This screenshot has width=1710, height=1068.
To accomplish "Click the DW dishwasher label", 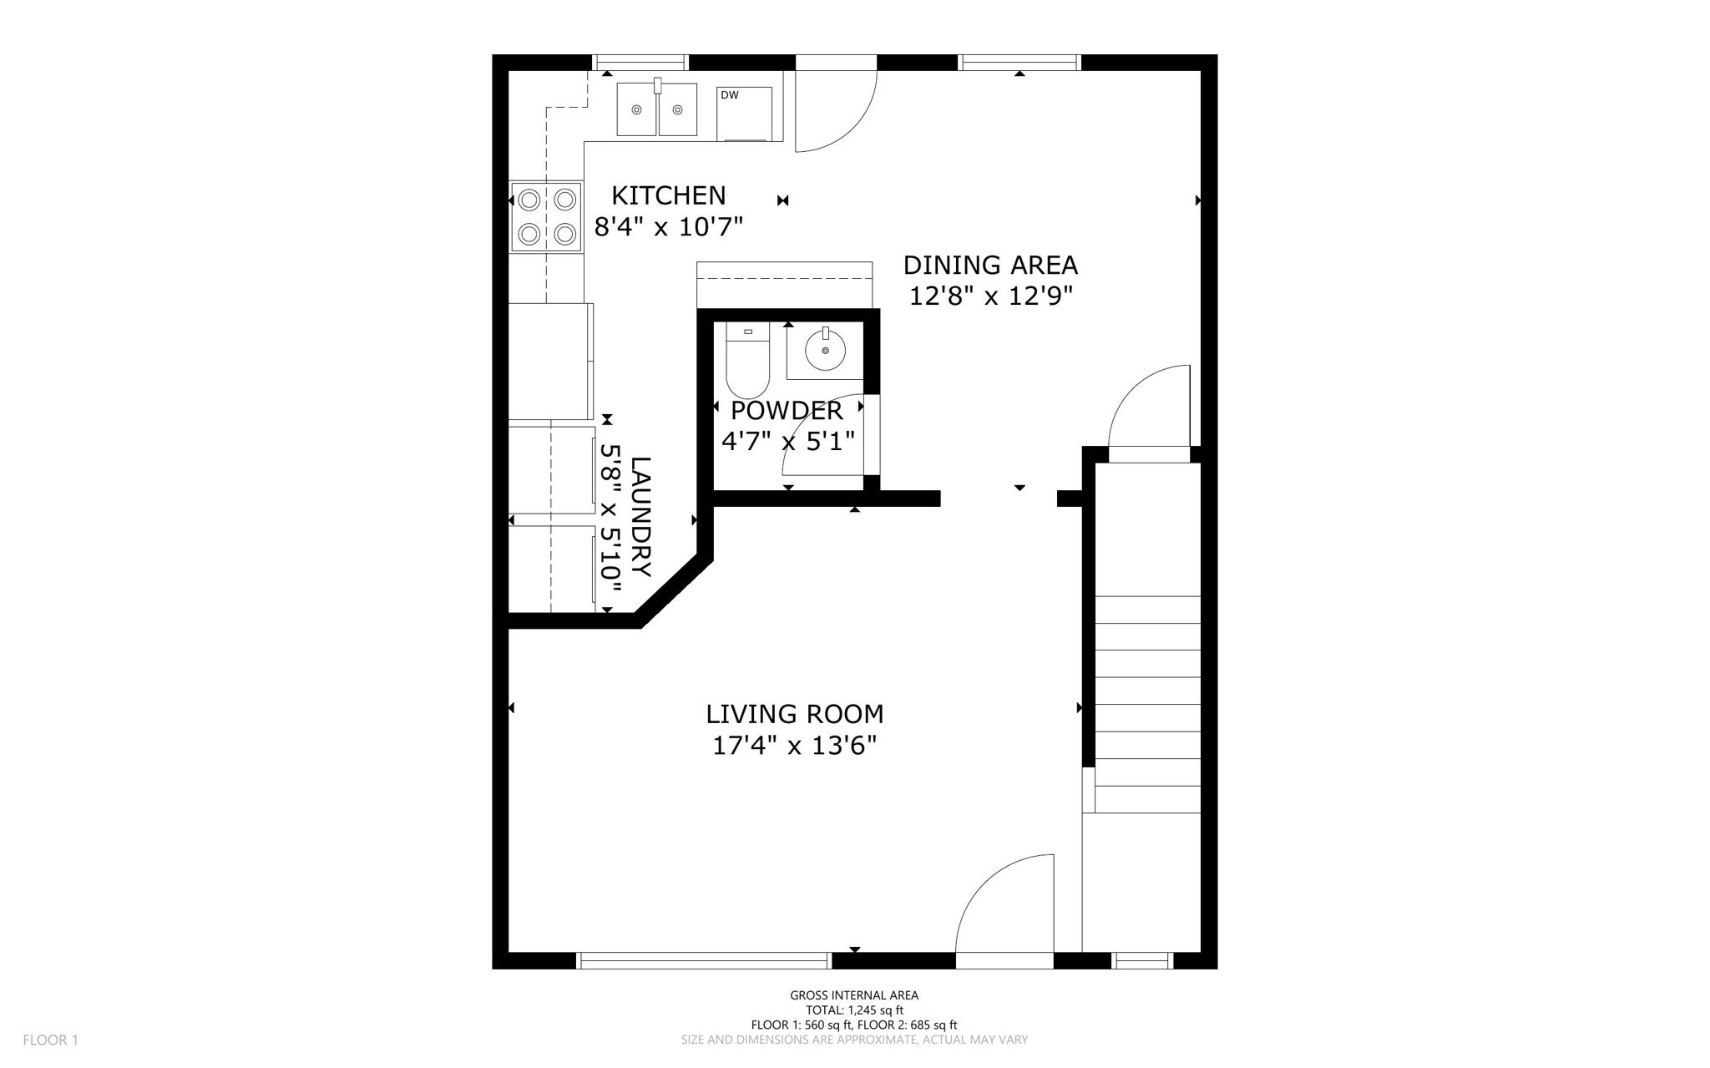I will pos(729,95).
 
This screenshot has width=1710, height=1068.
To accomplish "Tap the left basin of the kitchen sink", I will pos(637,109).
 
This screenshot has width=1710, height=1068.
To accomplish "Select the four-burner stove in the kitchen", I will pos(546,217).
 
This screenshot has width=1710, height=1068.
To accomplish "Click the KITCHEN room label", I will pos(668,195).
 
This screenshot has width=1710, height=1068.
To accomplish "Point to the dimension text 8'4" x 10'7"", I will pos(668,226).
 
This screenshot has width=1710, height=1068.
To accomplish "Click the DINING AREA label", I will pos(990,266).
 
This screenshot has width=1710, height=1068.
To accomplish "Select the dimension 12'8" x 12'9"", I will pos(990,296).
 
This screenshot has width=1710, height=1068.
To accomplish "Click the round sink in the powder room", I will pos(825,351).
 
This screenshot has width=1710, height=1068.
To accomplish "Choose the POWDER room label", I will pos(787,411).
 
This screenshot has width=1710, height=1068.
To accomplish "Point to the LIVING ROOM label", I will pos(794,714).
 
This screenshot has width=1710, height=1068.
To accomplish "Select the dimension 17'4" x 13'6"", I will pos(794,745).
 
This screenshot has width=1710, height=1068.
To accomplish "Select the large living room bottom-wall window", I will pos(704,961).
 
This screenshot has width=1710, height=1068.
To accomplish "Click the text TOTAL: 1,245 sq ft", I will pos(854,1010).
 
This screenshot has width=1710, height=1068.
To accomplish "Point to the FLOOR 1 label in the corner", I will pos(50,1040).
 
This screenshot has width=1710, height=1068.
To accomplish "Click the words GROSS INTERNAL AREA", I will pos(854,995).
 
